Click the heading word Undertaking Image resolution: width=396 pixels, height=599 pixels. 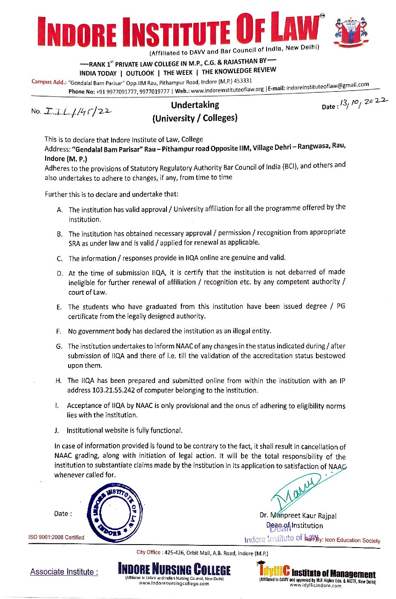tap(195, 105)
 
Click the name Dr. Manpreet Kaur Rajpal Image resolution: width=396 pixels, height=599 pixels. tap(298, 516)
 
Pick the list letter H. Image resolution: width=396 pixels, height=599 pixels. tap(58, 381)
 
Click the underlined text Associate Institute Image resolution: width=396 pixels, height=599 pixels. tap(64, 572)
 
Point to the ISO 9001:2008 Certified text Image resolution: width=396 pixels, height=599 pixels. tap(56, 537)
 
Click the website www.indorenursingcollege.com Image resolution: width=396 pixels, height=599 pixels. tap(174, 584)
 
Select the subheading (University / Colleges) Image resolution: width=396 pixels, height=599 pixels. tap(195, 118)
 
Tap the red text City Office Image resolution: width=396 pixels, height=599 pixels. tap(149, 552)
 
